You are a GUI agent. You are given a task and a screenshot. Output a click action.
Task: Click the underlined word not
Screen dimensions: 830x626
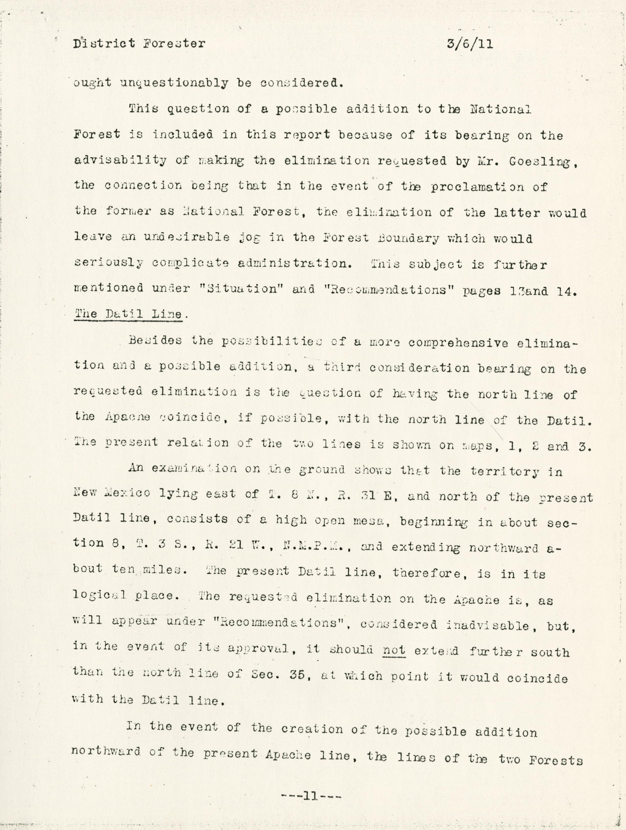pos(394,650)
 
